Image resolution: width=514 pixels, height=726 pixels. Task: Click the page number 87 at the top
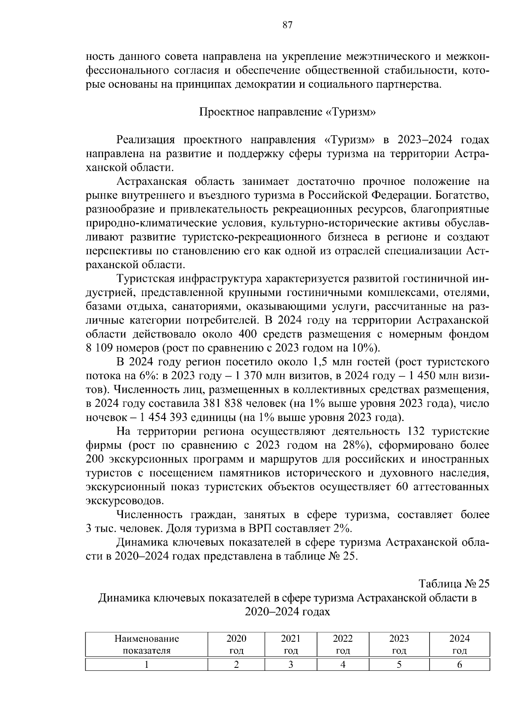coord(287,25)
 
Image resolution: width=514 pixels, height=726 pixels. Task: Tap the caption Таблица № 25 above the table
coord(454,584)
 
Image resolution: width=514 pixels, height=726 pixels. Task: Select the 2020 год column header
coord(236,644)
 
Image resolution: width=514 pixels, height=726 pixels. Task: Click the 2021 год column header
coord(290,644)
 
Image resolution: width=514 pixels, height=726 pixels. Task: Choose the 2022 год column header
coord(343,644)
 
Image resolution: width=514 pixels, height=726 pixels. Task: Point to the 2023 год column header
coord(399,644)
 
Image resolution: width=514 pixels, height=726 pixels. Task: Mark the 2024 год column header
coord(459,644)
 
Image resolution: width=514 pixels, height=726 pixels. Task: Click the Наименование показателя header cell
coord(146,644)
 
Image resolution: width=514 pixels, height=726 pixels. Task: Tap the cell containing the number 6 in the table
coord(459,664)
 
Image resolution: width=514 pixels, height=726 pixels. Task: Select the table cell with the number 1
coord(146,664)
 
